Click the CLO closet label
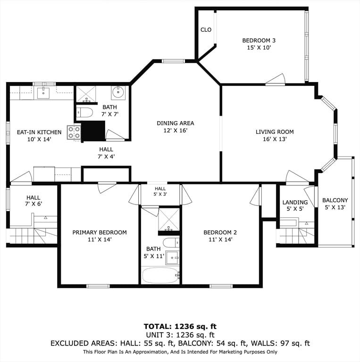(x=206, y=30)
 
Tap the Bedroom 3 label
(x=259, y=41)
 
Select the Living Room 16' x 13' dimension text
(x=275, y=139)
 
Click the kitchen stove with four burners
(x=74, y=132)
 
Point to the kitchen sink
(x=43, y=93)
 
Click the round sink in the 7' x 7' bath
(x=118, y=92)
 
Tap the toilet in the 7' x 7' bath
(x=84, y=113)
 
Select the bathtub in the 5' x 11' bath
(x=160, y=275)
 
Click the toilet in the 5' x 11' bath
(x=171, y=243)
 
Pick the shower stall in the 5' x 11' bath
(x=169, y=219)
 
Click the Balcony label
(x=335, y=200)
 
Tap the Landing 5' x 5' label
(x=295, y=206)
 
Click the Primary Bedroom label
(x=100, y=232)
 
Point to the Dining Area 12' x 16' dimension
(x=176, y=131)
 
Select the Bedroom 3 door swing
(x=276, y=79)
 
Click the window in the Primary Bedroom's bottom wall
(x=98, y=286)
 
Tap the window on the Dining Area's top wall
(x=173, y=61)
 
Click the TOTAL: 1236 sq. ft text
(x=180, y=327)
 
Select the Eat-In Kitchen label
(x=39, y=132)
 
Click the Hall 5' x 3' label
(x=160, y=192)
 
